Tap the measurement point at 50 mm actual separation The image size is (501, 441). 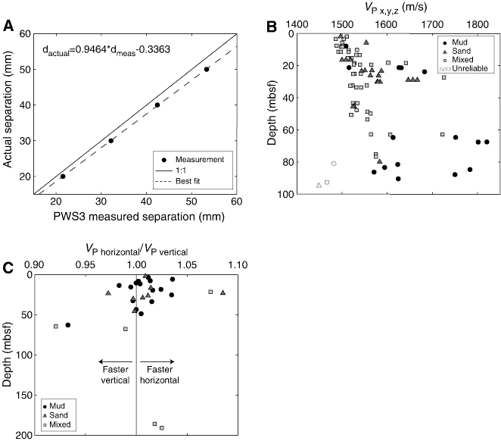207,70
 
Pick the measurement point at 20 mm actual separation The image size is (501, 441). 63,177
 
